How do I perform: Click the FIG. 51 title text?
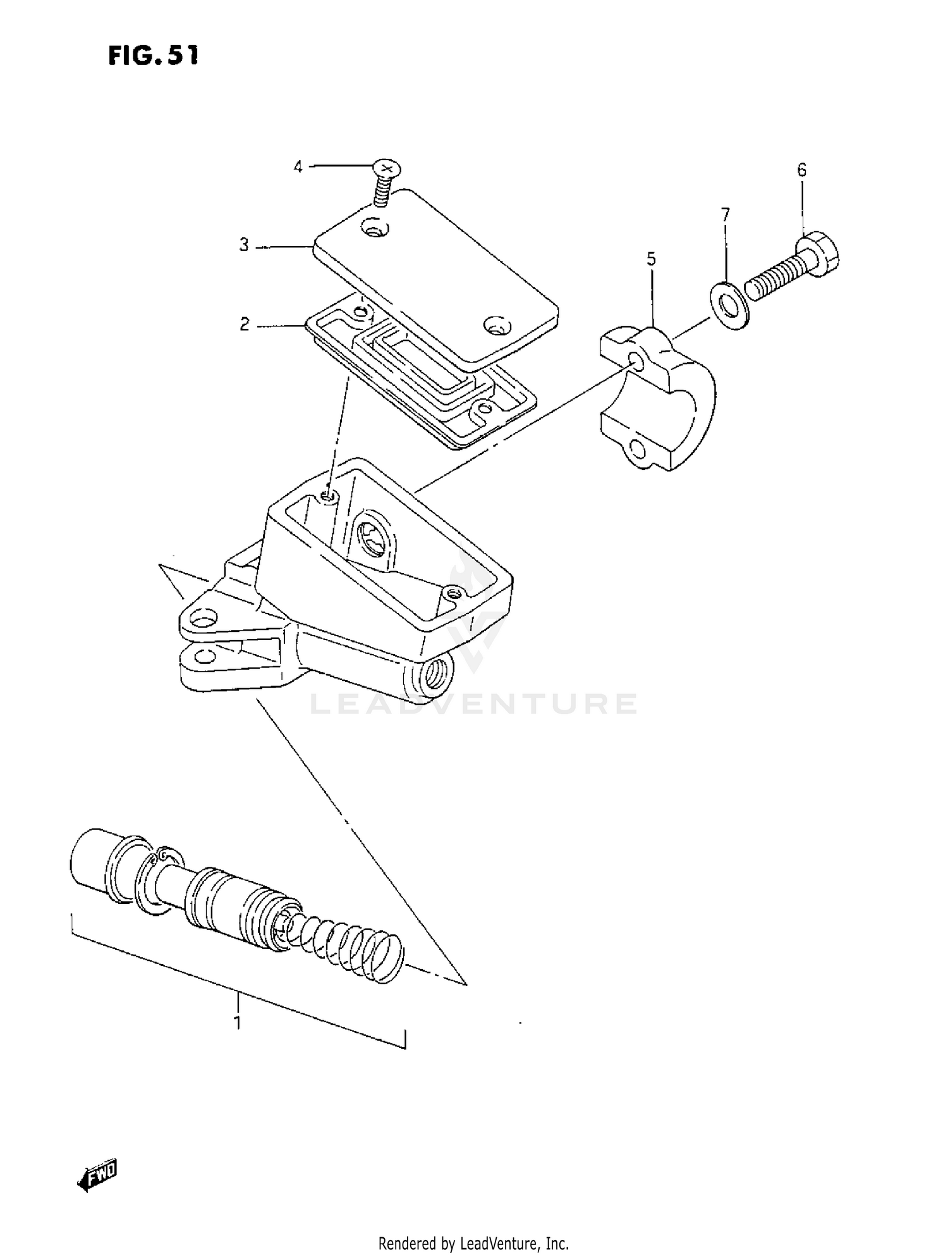(x=153, y=56)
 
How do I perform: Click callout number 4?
(x=298, y=166)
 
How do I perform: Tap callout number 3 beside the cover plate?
(x=244, y=245)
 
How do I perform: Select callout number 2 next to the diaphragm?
(x=244, y=325)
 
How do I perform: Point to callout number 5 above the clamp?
(x=651, y=259)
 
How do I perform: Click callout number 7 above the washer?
(x=726, y=215)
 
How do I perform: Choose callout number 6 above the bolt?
(x=801, y=170)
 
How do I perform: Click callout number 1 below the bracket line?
(x=237, y=1023)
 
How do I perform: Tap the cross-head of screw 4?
(x=387, y=168)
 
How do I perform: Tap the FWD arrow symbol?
(x=98, y=1175)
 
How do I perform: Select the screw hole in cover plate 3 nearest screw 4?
(x=375, y=229)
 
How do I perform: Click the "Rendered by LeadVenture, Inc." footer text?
(x=473, y=1243)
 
